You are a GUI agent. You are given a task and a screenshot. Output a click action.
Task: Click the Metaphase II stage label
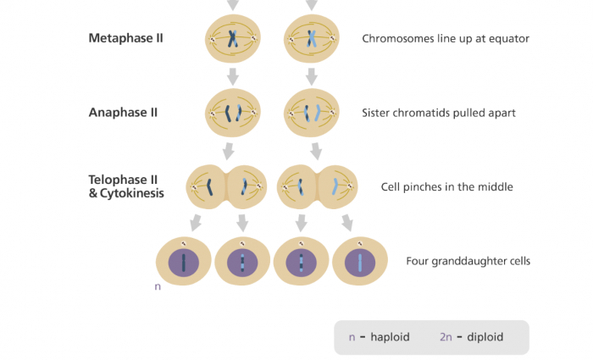point(126,38)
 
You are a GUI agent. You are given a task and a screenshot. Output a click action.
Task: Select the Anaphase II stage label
point(123,112)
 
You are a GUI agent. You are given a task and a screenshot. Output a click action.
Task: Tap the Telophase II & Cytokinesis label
point(126,186)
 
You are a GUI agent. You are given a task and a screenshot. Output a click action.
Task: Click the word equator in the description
point(507,38)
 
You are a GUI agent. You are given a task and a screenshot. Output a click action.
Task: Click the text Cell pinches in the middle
point(447,186)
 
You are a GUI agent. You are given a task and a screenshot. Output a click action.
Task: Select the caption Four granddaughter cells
point(468,261)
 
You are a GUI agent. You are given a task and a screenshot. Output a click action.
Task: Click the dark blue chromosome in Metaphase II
point(233,38)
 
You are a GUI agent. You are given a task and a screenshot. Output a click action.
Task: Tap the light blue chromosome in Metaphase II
point(312,38)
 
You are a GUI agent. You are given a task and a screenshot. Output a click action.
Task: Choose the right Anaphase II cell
point(312,112)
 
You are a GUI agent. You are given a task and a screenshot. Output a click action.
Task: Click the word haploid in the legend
point(390,337)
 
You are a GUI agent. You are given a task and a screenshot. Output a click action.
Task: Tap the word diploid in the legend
point(483,337)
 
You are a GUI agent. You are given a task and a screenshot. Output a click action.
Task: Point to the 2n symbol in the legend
point(446,337)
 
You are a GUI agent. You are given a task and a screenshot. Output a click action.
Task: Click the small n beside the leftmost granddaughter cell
point(158,287)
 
